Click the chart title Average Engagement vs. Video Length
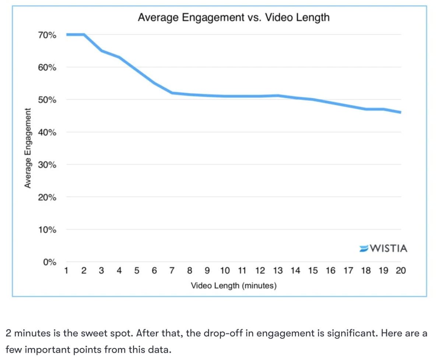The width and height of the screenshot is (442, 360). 234,17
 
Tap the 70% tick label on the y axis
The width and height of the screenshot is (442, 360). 47,35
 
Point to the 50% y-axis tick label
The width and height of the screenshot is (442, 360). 47,100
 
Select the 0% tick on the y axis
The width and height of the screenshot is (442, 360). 49,262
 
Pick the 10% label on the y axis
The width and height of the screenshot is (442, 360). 47,230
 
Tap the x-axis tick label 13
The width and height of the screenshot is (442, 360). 278,271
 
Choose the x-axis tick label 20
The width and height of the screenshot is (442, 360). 400,271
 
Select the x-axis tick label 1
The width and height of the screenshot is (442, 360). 66,271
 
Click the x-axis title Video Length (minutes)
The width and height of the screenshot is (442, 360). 234,286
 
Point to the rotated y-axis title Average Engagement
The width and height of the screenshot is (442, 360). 27,148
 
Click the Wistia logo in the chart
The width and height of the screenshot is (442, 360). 383,248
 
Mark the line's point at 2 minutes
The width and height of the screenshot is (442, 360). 84,35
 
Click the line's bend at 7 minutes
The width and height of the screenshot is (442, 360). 172,93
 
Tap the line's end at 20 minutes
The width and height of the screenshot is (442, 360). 400,112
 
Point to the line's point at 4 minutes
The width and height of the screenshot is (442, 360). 119,57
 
